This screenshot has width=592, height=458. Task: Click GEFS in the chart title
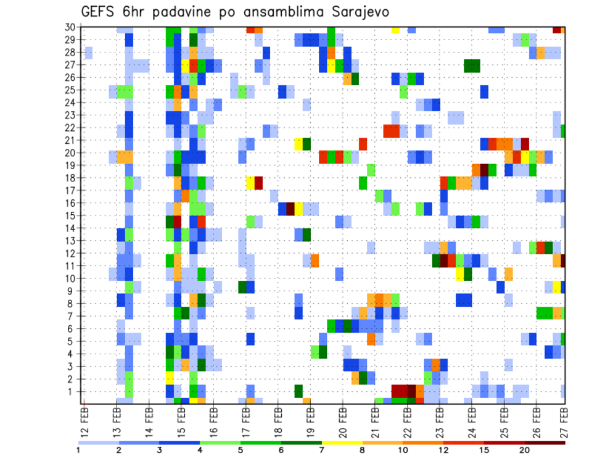(x=98, y=12)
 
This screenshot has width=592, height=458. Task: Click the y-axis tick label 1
(x=72, y=391)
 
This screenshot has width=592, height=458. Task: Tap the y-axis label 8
(x=72, y=303)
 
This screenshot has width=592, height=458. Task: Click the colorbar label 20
(x=524, y=450)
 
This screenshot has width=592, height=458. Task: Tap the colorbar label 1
(x=78, y=450)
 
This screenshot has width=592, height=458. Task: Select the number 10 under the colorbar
(x=403, y=450)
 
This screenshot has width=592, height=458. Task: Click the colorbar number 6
(x=281, y=450)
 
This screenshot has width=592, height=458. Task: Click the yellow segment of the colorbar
(x=342, y=443)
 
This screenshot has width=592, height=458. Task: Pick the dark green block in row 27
(x=472, y=65)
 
